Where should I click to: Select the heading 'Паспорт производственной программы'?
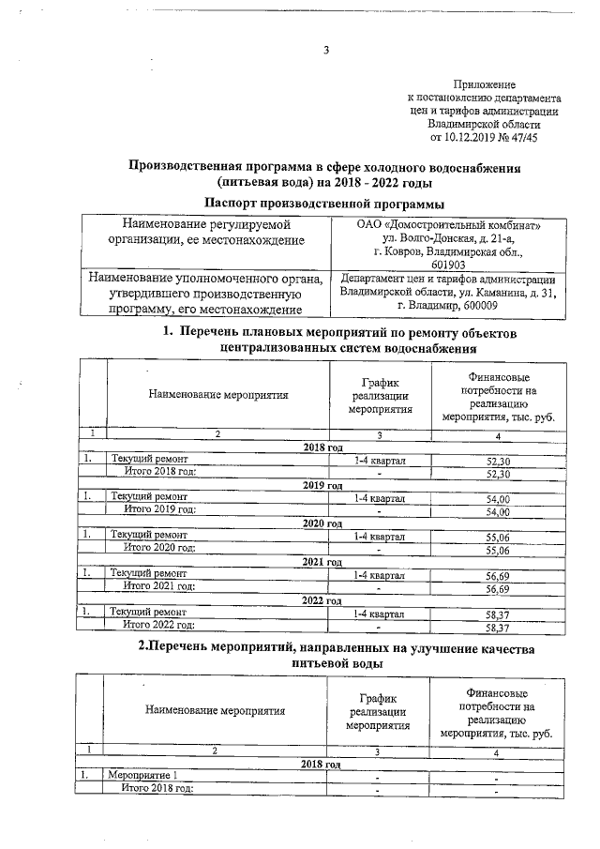coord(322,204)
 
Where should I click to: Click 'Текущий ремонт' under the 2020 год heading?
coord(149,536)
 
